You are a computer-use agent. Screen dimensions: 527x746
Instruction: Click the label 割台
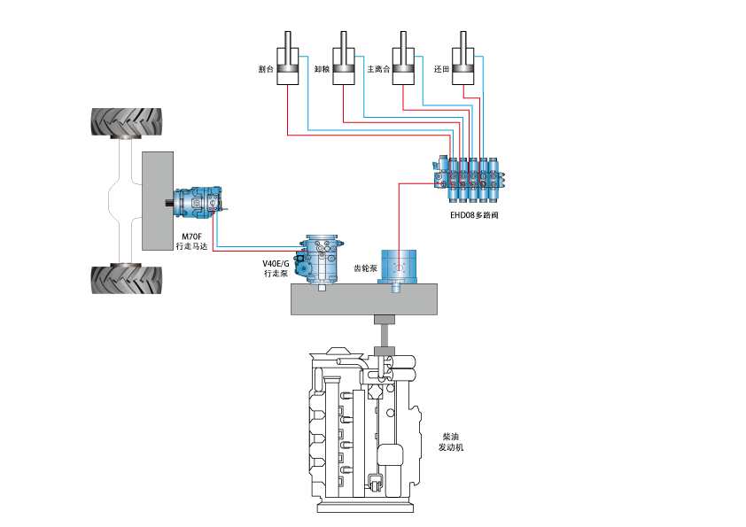[x=264, y=68]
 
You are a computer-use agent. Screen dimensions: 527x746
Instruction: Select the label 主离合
[x=378, y=68]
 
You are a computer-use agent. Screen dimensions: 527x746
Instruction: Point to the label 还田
[x=441, y=68]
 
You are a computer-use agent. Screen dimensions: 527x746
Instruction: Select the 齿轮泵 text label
[x=366, y=267]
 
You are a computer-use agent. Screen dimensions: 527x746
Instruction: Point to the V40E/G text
[x=276, y=264]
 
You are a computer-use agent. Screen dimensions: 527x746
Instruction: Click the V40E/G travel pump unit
[x=322, y=259]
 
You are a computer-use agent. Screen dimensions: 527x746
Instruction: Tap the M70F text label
[x=191, y=236]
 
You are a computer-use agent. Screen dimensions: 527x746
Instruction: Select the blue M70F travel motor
[x=198, y=204]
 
